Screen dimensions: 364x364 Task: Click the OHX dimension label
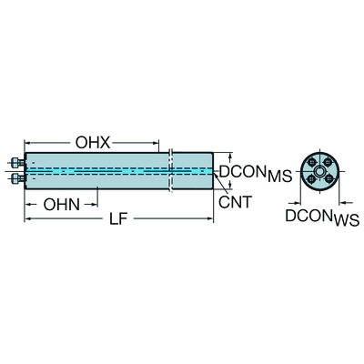click(93, 143)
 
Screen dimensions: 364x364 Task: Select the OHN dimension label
click(62, 205)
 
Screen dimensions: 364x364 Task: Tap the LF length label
click(117, 218)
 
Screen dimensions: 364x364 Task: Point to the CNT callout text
click(236, 202)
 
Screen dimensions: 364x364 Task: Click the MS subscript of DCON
click(279, 177)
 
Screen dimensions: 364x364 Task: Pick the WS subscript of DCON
click(346, 220)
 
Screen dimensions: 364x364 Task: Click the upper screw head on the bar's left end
click(15, 163)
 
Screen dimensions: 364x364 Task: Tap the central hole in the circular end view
click(319, 171)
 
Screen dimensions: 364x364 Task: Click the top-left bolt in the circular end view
click(310, 163)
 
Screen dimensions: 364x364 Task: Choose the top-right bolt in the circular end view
click(328, 163)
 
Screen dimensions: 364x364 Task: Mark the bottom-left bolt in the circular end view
click(310, 180)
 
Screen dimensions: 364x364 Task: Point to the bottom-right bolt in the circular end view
click(328, 180)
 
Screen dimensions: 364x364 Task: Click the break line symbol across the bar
click(170, 170)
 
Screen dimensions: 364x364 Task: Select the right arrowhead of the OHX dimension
click(156, 143)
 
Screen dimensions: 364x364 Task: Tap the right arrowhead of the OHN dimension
click(95, 205)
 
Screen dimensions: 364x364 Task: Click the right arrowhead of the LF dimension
click(210, 218)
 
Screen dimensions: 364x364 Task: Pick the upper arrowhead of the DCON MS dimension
click(230, 156)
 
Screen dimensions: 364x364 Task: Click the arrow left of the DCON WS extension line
click(296, 203)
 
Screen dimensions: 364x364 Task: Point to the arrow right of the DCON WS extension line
click(342, 203)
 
